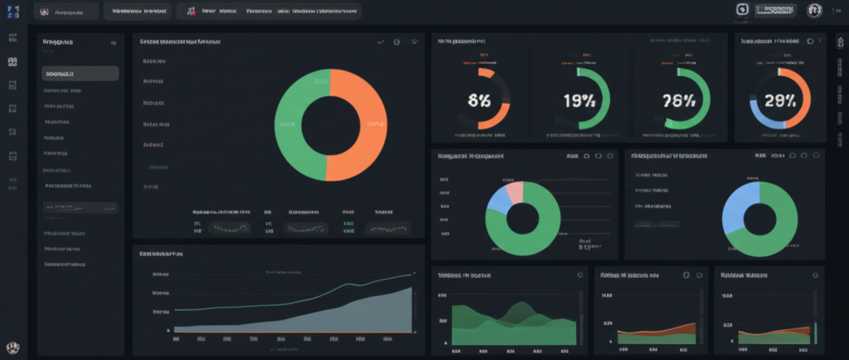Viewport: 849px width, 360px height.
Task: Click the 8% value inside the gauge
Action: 478,101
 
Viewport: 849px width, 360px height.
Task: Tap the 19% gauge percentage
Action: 578,101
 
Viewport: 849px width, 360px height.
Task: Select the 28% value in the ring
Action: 779,101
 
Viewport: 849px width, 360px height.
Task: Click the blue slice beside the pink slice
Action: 498,199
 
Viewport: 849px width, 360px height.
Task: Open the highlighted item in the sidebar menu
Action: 80,73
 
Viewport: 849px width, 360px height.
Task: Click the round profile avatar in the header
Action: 814,10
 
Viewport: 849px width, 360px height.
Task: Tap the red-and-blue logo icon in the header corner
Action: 12,11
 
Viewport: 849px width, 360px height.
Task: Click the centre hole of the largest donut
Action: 330,124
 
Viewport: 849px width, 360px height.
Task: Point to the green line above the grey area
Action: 332,285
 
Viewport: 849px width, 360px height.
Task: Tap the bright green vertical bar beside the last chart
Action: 816,333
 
